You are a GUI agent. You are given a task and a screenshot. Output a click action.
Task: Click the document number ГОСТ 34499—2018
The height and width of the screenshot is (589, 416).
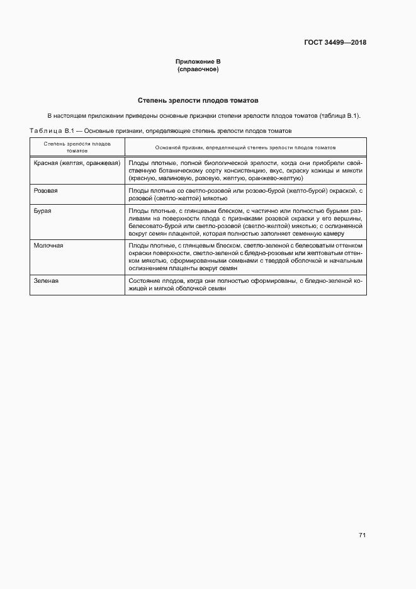tap(335, 43)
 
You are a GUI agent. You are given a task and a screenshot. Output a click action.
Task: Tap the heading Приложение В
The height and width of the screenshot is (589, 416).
tap(198, 62)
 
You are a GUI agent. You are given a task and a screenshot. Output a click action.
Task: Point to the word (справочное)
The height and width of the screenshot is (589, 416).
tap(198, 69)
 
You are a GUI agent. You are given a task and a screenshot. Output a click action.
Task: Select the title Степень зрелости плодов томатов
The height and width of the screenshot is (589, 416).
tap(198, 101)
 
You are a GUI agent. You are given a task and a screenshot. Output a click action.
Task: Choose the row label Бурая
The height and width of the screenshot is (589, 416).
tap(42, 211)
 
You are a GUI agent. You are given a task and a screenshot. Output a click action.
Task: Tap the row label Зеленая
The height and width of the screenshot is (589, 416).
tap(46, 280)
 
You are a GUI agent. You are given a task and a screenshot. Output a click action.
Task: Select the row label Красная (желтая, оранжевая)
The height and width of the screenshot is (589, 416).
tap(77, 163)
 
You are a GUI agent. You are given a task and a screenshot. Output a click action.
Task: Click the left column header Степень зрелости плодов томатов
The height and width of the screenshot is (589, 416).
tap(77, 147)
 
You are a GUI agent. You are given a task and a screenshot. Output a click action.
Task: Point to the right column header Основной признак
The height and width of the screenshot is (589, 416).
tap(245, 147)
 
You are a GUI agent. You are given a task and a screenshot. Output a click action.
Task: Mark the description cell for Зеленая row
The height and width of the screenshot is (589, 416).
tap(245, 284)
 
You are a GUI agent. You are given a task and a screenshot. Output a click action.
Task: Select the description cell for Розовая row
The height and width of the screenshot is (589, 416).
tap(245, 193)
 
